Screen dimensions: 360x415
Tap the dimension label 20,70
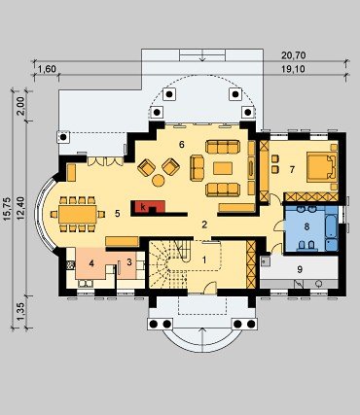(x=293, y=55)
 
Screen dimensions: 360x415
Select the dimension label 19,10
(x=293, y=69)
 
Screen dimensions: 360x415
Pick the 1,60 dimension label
(x=47, y=69)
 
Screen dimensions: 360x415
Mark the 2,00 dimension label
(x=21, y=106)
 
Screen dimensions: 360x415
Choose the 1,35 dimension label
(x=21, y=313)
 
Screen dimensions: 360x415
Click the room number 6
(x=182, y=145)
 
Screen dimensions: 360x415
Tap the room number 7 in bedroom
(x=292, y=169)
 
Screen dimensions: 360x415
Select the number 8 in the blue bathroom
(x=306, y=226)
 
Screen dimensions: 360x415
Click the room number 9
(x=300, y=269)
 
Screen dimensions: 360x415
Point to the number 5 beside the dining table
(x=118, y=214)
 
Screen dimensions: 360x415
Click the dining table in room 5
(x=78, y=214)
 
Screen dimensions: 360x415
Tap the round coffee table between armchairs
(x=159, y=181)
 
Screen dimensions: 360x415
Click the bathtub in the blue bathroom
(x=332, y=228)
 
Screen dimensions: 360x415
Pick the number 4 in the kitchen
(x=91, y=263)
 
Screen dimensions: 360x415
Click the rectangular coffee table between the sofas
(x=223, y=168)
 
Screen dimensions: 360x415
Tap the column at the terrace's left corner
(x=63, y=137)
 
